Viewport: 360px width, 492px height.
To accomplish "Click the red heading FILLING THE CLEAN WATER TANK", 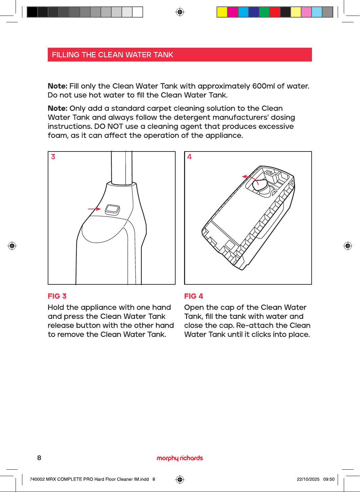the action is (112, 55).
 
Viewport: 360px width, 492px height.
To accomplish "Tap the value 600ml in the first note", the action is (264, 86).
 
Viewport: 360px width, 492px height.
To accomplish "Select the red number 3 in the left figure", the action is (53, 157).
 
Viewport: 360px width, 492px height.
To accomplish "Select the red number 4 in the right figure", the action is (189, 157).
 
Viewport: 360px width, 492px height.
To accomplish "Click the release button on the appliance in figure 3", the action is (113, 210).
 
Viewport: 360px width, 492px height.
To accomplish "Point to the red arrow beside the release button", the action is (94, 209).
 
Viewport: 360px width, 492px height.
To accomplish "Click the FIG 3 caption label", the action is (57, 296).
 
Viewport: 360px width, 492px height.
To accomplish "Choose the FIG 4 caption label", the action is (194, 296).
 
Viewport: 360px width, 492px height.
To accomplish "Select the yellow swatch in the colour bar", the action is (222, 12).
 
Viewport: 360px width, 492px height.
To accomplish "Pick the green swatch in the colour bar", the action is (264, 12).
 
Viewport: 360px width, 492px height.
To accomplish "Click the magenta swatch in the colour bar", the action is (232, 12).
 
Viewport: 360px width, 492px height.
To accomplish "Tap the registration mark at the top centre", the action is (180, 12).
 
